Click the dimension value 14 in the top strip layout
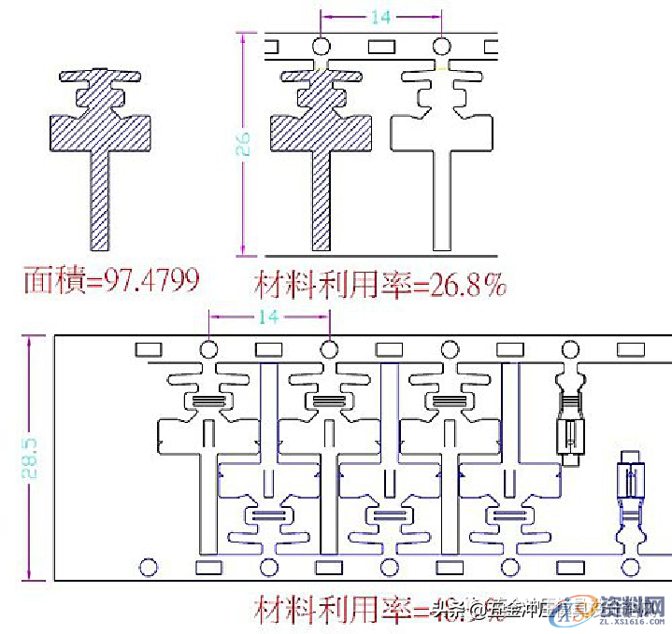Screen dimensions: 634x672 (x=380, y=17)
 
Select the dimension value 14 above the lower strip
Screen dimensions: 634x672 (x=267, y=317)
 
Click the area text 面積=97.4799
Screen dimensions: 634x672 (x=111, y=279)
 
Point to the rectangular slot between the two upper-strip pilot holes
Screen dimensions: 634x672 (x=381, y=46)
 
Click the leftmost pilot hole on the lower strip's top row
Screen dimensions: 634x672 (x=208, y=349)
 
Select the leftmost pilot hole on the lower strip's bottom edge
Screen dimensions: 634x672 (x=148, y=567)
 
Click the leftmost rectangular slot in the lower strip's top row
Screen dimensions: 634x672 (x=150, y=349)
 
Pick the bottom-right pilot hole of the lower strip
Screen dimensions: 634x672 (x=632, y=567)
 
